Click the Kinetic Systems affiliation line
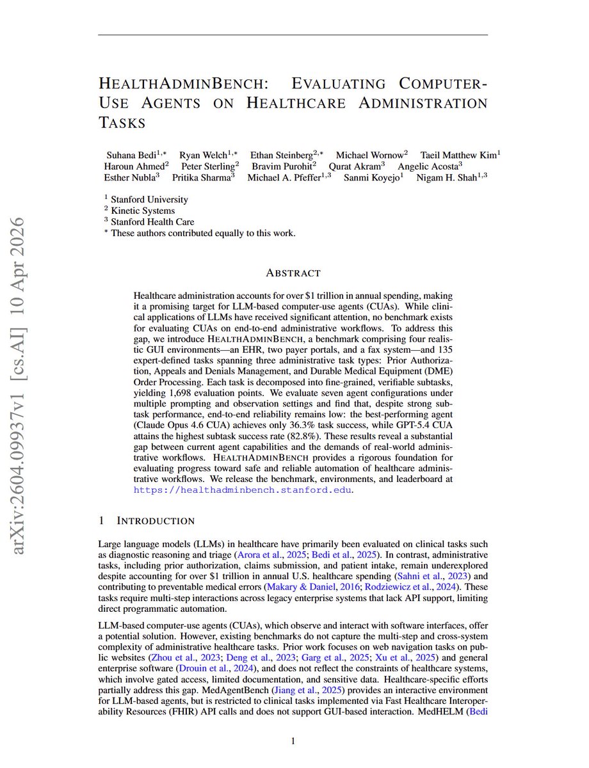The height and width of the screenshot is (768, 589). [143, 211]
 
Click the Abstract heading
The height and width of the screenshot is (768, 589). [294, 273]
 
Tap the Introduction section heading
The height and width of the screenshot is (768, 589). [153, 521]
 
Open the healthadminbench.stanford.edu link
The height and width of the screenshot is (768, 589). [242, 490]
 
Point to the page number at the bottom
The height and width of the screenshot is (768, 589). [293, 741]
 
